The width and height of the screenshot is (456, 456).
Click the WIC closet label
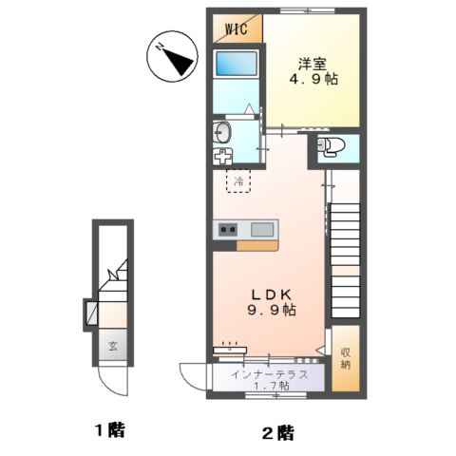236,28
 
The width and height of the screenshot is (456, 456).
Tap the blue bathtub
234,66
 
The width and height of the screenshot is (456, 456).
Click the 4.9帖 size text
313,80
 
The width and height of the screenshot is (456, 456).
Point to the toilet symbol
330,146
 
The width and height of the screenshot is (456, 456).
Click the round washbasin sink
223,131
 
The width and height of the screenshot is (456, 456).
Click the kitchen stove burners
228,229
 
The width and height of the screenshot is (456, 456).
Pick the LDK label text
269,294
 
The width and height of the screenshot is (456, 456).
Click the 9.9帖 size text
270,311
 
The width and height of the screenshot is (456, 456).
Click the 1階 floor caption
108,429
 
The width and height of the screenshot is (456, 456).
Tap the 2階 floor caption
277,433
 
